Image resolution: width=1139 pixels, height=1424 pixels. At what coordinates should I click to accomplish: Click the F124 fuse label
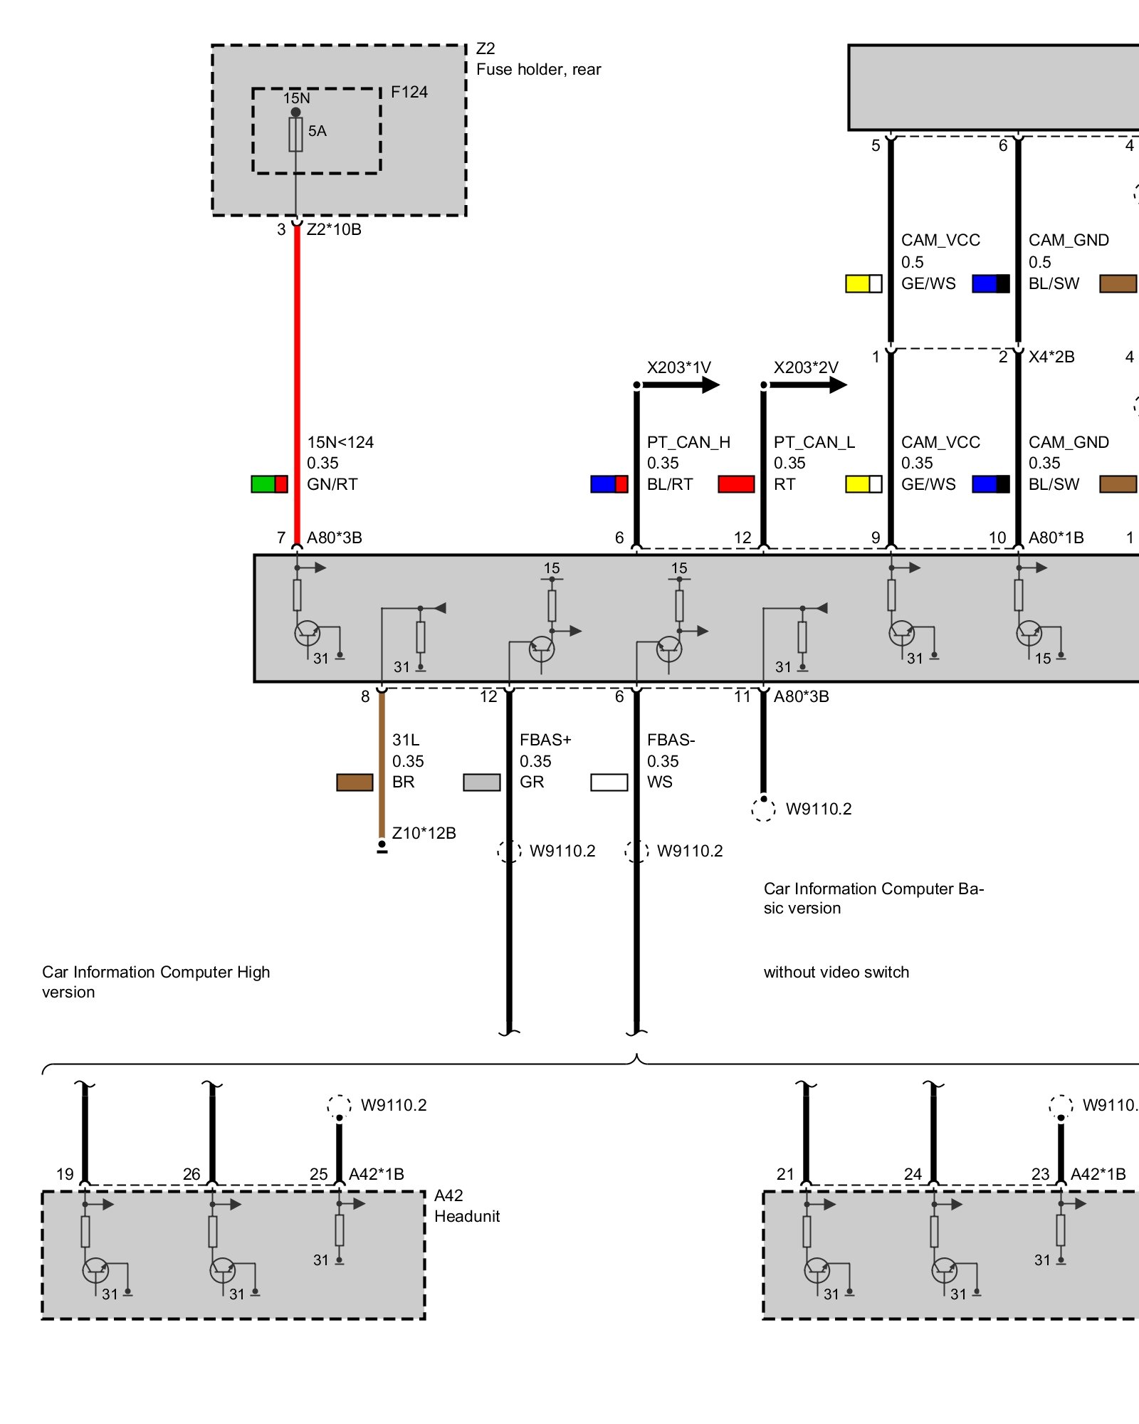coord(409,93)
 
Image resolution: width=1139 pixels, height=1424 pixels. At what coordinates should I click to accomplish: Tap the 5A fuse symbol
coord(295,135)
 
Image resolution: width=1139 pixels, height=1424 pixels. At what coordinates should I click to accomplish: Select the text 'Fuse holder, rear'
coord(538,70)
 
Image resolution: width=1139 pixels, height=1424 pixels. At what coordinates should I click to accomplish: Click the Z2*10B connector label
coord(334,229)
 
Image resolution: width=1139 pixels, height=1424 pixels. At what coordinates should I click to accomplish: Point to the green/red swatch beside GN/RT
coord(269,484)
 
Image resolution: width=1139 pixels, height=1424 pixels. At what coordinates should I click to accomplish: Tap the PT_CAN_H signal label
coord(688,442)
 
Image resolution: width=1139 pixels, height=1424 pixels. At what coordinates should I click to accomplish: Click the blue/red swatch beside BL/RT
coord(609,484)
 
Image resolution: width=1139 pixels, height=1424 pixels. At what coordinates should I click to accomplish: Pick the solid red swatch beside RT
coord(736,484)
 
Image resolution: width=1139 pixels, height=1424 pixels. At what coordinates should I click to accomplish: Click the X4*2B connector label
coord(1051,357)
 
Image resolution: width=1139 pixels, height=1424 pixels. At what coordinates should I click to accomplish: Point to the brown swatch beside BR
coord(355,782)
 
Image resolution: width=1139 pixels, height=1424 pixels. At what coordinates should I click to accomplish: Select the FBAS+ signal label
coord(545,740)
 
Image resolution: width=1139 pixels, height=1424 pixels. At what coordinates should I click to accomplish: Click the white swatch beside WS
coord(609,782)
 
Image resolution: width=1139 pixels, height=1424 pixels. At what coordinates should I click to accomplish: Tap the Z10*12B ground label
coord(424,833)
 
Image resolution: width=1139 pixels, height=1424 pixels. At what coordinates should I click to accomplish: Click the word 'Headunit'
coord(467,1216)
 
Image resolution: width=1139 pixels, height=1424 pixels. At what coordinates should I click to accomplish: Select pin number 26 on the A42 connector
coord(191,1174)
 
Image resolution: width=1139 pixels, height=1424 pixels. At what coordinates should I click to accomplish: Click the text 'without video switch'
coord(836,972)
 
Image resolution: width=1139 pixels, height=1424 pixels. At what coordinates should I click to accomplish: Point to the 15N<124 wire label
coord(340,442)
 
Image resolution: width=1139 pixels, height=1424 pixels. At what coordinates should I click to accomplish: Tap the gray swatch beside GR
coord(482,782)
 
